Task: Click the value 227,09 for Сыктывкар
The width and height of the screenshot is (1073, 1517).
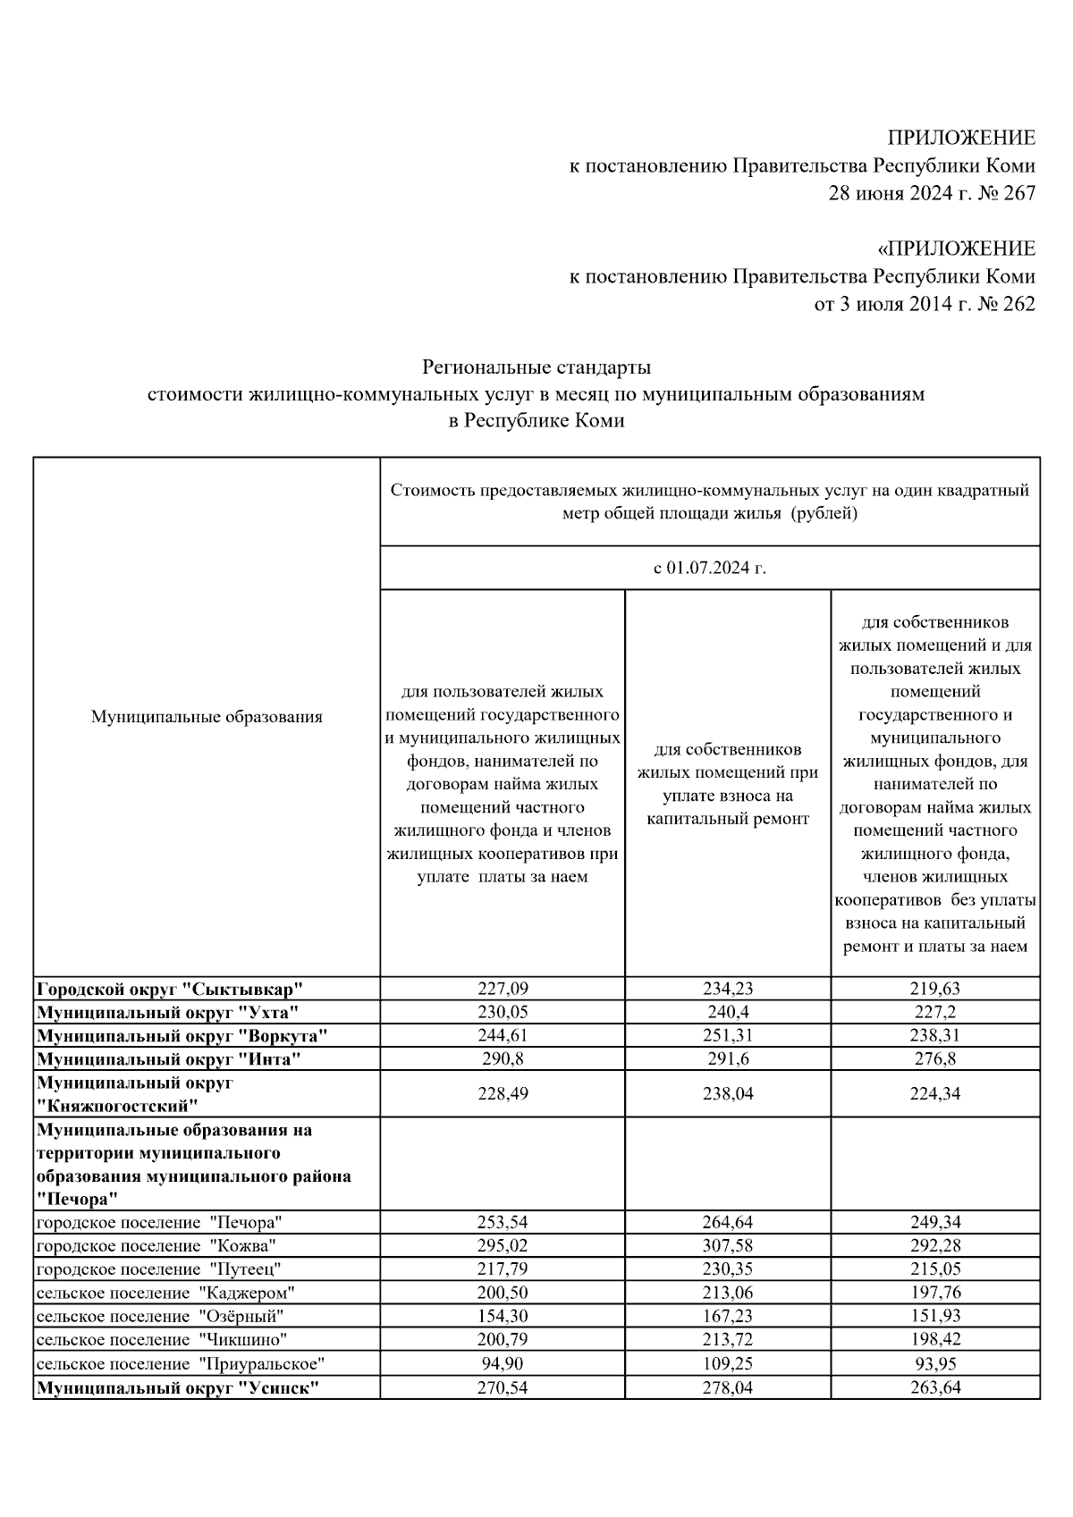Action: pyautogui.click(x=502, y=989)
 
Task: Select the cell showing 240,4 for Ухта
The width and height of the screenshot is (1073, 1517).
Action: pyautogui.click(x=728, y=1012)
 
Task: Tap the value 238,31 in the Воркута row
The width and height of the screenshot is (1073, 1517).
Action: pyautogui.click(x=935, y=1036)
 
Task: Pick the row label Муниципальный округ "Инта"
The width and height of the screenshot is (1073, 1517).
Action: pyautogui.click(x=168, y=1059)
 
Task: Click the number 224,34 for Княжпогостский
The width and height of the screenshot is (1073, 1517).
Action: pyautogui.click(x=935, y=1093)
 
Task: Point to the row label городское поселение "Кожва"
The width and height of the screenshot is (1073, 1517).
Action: pyautogui.click(x=156, y=1245)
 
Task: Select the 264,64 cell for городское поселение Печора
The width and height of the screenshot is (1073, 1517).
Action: pyautogui.click(x=728, y=1222)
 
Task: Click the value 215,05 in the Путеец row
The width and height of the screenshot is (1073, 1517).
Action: pyautogui.click(x=935, y=1268)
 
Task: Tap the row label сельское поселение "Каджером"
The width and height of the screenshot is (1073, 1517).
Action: pyautogui.click(x=165, y=1293)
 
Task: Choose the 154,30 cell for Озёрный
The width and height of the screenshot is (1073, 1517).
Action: pyautogui.click(x=502, y=1316)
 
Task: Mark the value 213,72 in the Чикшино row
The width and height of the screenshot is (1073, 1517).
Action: pyautogui.click(x=728, y=1339)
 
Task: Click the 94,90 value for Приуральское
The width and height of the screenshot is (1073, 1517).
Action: pyautogui.click(x=502, y=1363)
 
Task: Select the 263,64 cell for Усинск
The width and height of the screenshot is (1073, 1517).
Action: pyautogui.click(x=935, y=1387)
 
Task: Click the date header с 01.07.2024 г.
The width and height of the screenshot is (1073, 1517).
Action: pyautogui.click(x=710, y=568)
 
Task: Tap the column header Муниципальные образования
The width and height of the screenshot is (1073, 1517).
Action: pyautogui.click(x=207, y=716)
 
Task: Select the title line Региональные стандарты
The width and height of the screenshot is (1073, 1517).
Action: pyautogui.click(x=536, y=367)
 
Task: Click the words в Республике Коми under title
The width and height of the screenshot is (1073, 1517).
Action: pyautogui.click(x=536, y=421)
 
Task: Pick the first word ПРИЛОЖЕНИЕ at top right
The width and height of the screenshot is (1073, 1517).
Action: pyautogui.click(x=961, y=138)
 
